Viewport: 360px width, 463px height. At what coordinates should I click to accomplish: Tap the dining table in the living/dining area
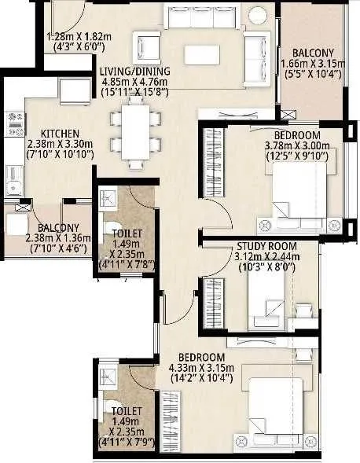136,132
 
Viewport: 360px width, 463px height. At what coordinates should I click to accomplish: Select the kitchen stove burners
15,122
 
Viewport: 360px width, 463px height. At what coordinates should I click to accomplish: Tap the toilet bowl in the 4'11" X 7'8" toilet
109,230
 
